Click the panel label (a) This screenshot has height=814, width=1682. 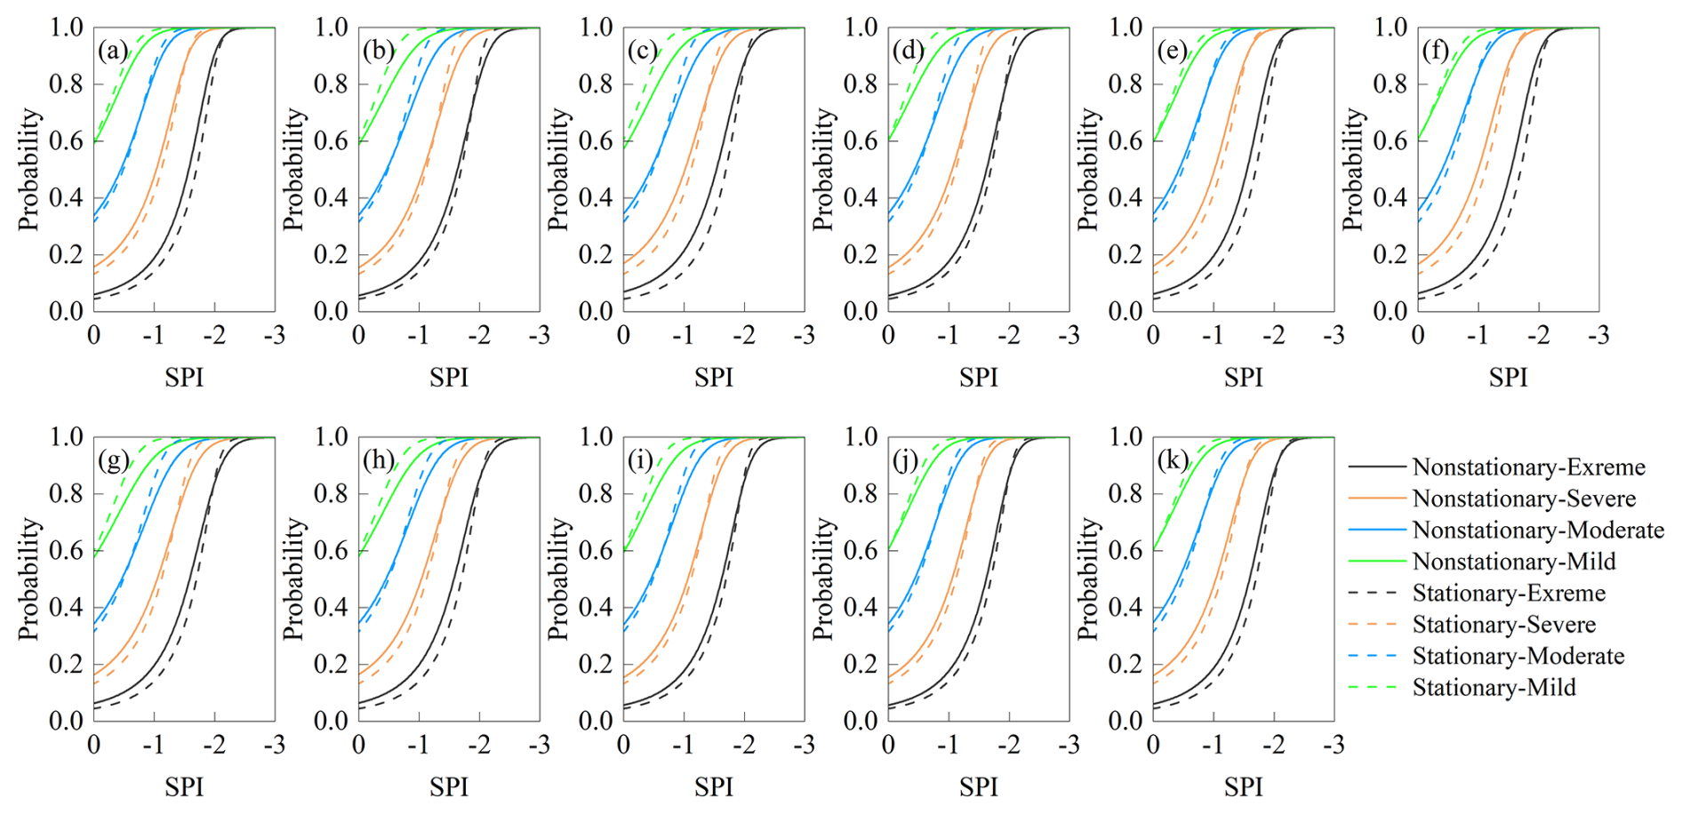click(x=113, y=51)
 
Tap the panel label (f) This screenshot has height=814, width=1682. click(x=1436, y=51)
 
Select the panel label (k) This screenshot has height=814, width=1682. click(x=1173, y=460)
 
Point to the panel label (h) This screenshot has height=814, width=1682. click(x=379, y=460)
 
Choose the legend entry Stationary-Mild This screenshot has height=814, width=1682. click(x=1494, y=688)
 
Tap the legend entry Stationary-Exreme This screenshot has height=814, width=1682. click(x=1509, y=594)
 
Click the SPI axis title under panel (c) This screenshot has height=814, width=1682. click(x=714, y=378)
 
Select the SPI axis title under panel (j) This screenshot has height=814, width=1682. click(x=978, y=787)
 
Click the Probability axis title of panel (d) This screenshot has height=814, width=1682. click(x=823, y=170)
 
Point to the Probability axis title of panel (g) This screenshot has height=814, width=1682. click(x=29, y=579)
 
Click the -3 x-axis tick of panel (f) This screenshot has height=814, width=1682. click(x=1598, y=336)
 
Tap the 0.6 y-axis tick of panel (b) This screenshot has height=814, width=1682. click(x=331, y=140)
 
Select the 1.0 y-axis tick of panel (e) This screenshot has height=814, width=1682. click(x=1125, y=28)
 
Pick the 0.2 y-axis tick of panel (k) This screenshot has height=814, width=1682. click(x=1125, y=664)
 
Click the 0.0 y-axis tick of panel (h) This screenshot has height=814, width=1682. click(x=331, y=721)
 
